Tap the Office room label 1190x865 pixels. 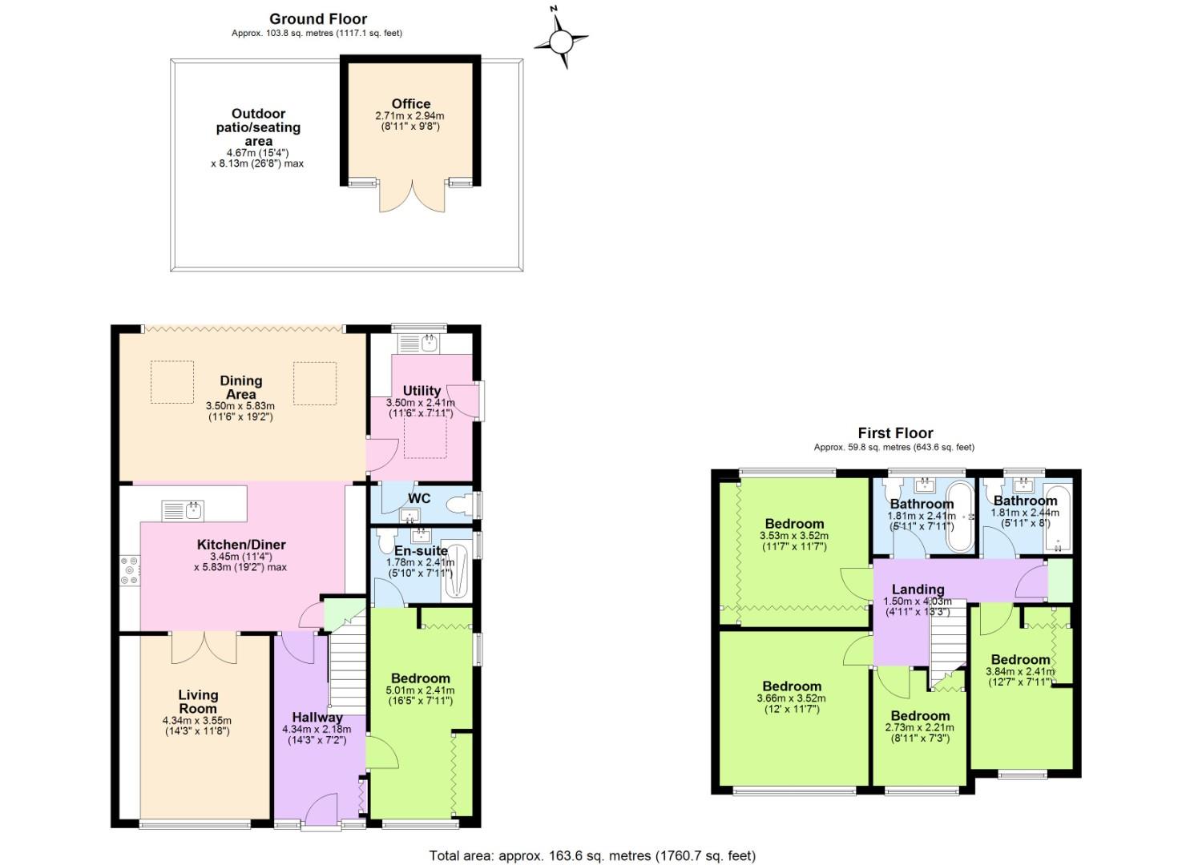click(x=410, y=103)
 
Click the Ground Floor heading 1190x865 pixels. click(x=317, y=19)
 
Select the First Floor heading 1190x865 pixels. click(x=895, y=433)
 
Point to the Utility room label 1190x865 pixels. click(x=422, y=391)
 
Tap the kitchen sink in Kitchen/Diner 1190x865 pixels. click(x=184, y=510)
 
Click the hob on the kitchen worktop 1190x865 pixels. click(x=129, y=569)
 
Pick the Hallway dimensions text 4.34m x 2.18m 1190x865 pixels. click(x=317, y=730)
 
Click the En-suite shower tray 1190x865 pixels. click(x=455, y=570)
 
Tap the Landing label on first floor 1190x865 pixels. click(x=918, y=589)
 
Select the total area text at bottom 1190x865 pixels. click(x=592, y=855)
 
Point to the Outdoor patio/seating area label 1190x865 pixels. click(x=258, y=127)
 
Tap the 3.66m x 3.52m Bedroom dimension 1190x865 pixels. click(x=792, y=698)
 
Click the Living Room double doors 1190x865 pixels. click(x=204, y=648)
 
